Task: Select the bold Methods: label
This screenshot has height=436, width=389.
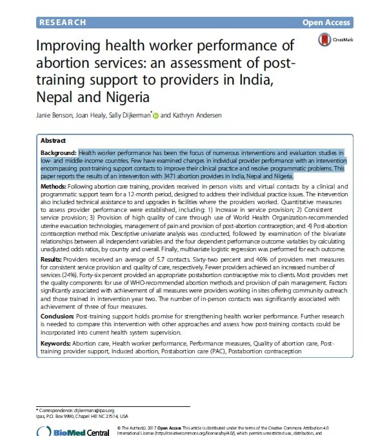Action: [x=55, y=187]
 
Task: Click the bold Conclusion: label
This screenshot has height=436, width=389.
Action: [x=58, y=318]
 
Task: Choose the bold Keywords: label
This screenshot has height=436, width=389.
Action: [x=58, y=343]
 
